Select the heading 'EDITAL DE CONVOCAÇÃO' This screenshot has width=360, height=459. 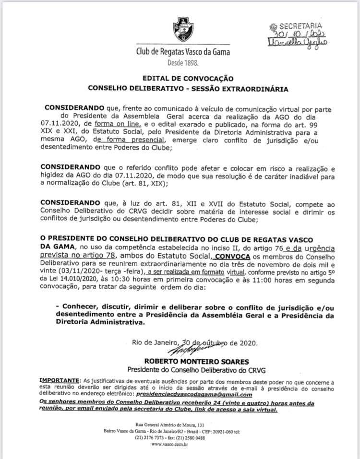188,78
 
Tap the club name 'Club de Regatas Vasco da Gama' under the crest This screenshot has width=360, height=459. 183,52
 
